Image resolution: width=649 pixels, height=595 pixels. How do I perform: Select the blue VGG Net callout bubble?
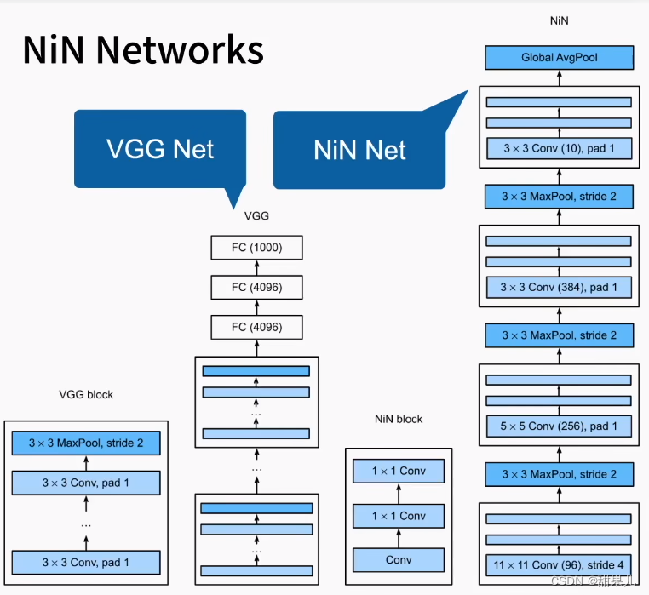point(160,149)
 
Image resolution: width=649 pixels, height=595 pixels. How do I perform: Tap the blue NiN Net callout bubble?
point(359,151)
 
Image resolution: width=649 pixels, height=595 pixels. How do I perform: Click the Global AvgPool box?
point(559,58)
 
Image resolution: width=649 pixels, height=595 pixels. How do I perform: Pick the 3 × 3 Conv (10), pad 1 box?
point(559,148)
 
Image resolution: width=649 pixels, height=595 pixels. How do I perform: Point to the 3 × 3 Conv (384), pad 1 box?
point(559,287)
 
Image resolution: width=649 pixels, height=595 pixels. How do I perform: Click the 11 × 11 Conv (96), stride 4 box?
point(559,564)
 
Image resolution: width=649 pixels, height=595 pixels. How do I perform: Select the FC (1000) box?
point(256,248)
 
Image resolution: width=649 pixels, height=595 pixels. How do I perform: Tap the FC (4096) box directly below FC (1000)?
point(256,287)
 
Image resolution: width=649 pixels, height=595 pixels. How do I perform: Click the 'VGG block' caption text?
point(86,394)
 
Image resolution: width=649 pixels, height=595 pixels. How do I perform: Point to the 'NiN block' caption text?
point(399,419)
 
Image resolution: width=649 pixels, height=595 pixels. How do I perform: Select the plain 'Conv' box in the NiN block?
point(399,559)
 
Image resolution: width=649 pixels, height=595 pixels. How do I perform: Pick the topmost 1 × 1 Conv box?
point(399,471)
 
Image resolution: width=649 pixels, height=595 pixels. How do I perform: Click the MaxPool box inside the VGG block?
point(85,443)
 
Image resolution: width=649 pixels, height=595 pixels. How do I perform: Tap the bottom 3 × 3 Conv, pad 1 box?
point(85,562)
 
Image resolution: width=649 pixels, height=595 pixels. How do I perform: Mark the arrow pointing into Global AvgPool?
point(559,77)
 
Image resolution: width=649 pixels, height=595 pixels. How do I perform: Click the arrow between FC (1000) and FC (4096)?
point(256,267)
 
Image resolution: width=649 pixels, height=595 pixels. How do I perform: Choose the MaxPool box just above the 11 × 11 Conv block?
point(559,473)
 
